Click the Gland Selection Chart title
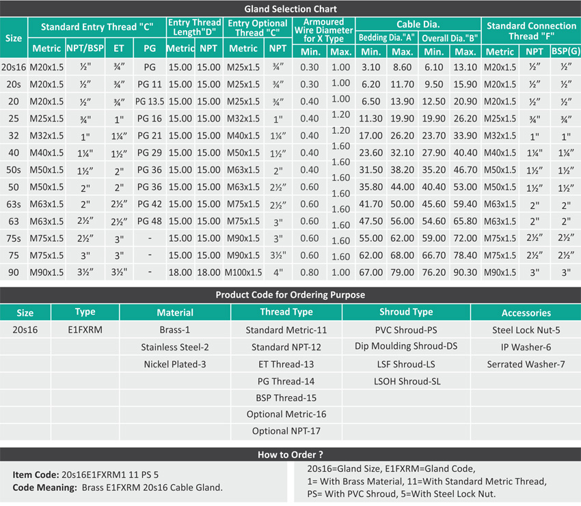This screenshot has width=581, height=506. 290,9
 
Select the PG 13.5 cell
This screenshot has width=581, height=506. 150,101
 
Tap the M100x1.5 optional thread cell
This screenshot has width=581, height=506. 243,272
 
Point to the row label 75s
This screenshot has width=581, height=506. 13,238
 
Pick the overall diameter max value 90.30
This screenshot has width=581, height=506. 465,272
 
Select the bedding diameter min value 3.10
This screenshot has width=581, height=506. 370,67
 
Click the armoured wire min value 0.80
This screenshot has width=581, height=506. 310,272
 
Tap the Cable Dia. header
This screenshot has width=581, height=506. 418,24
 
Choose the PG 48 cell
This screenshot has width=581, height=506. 150,221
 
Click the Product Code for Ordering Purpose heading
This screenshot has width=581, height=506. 290,295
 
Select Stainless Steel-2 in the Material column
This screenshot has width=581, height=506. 175,347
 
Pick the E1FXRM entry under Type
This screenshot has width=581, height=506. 85,330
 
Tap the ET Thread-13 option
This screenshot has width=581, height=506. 286,364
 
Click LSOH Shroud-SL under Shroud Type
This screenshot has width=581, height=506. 406,381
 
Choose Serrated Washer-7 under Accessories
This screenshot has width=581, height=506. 526,364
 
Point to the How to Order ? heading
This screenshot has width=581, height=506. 290,454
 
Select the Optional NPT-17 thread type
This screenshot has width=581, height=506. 286,431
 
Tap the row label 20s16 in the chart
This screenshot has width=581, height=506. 14,67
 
